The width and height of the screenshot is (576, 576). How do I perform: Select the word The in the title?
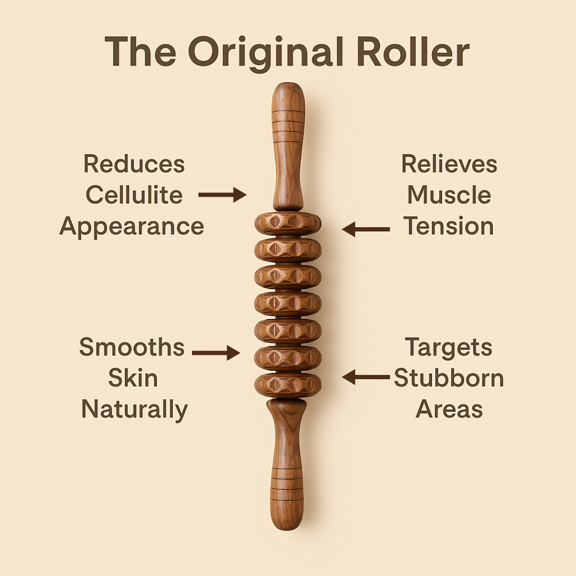[140, 52]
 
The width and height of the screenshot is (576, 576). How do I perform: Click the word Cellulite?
[134, 195]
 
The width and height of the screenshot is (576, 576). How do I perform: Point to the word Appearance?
[132, 227]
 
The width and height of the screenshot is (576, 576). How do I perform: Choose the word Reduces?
[134, 164]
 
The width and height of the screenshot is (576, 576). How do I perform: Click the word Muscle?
[449, 195]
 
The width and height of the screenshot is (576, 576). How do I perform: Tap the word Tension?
[449, 226]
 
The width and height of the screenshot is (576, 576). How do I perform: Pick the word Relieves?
[449, 164]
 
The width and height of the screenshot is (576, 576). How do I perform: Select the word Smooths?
[132, 348]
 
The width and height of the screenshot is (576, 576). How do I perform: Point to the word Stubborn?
[449, 379]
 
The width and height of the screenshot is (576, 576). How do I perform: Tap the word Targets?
[449, 348]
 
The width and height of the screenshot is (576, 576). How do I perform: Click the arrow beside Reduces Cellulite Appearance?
[222, 195]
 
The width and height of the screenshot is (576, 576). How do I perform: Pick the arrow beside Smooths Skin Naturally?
[216, 353]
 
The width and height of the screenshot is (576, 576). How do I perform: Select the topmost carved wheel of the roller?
[288, 223]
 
